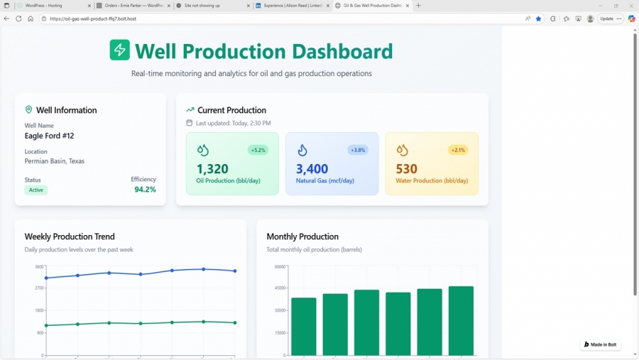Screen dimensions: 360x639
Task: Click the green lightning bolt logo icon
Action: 119,50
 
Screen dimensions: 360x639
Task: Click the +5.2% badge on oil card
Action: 258,150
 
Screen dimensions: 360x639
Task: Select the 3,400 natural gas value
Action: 312,169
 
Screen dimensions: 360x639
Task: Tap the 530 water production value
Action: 406,169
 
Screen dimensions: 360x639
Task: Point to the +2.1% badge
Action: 458,150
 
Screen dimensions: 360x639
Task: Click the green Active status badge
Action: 35,190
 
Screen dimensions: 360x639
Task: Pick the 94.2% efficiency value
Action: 145,190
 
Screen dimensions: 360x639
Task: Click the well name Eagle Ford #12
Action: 49,136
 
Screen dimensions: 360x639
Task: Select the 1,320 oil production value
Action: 212,169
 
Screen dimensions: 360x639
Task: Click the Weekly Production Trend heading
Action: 70,236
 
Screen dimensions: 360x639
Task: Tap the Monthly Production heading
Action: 302,236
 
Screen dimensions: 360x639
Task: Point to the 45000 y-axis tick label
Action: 280,288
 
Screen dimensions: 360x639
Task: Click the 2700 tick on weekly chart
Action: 38,288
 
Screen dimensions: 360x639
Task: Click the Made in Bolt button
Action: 600,344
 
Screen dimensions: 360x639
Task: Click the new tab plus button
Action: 418,6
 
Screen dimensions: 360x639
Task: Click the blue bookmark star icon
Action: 538,18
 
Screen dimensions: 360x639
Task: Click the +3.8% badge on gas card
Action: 358,150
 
